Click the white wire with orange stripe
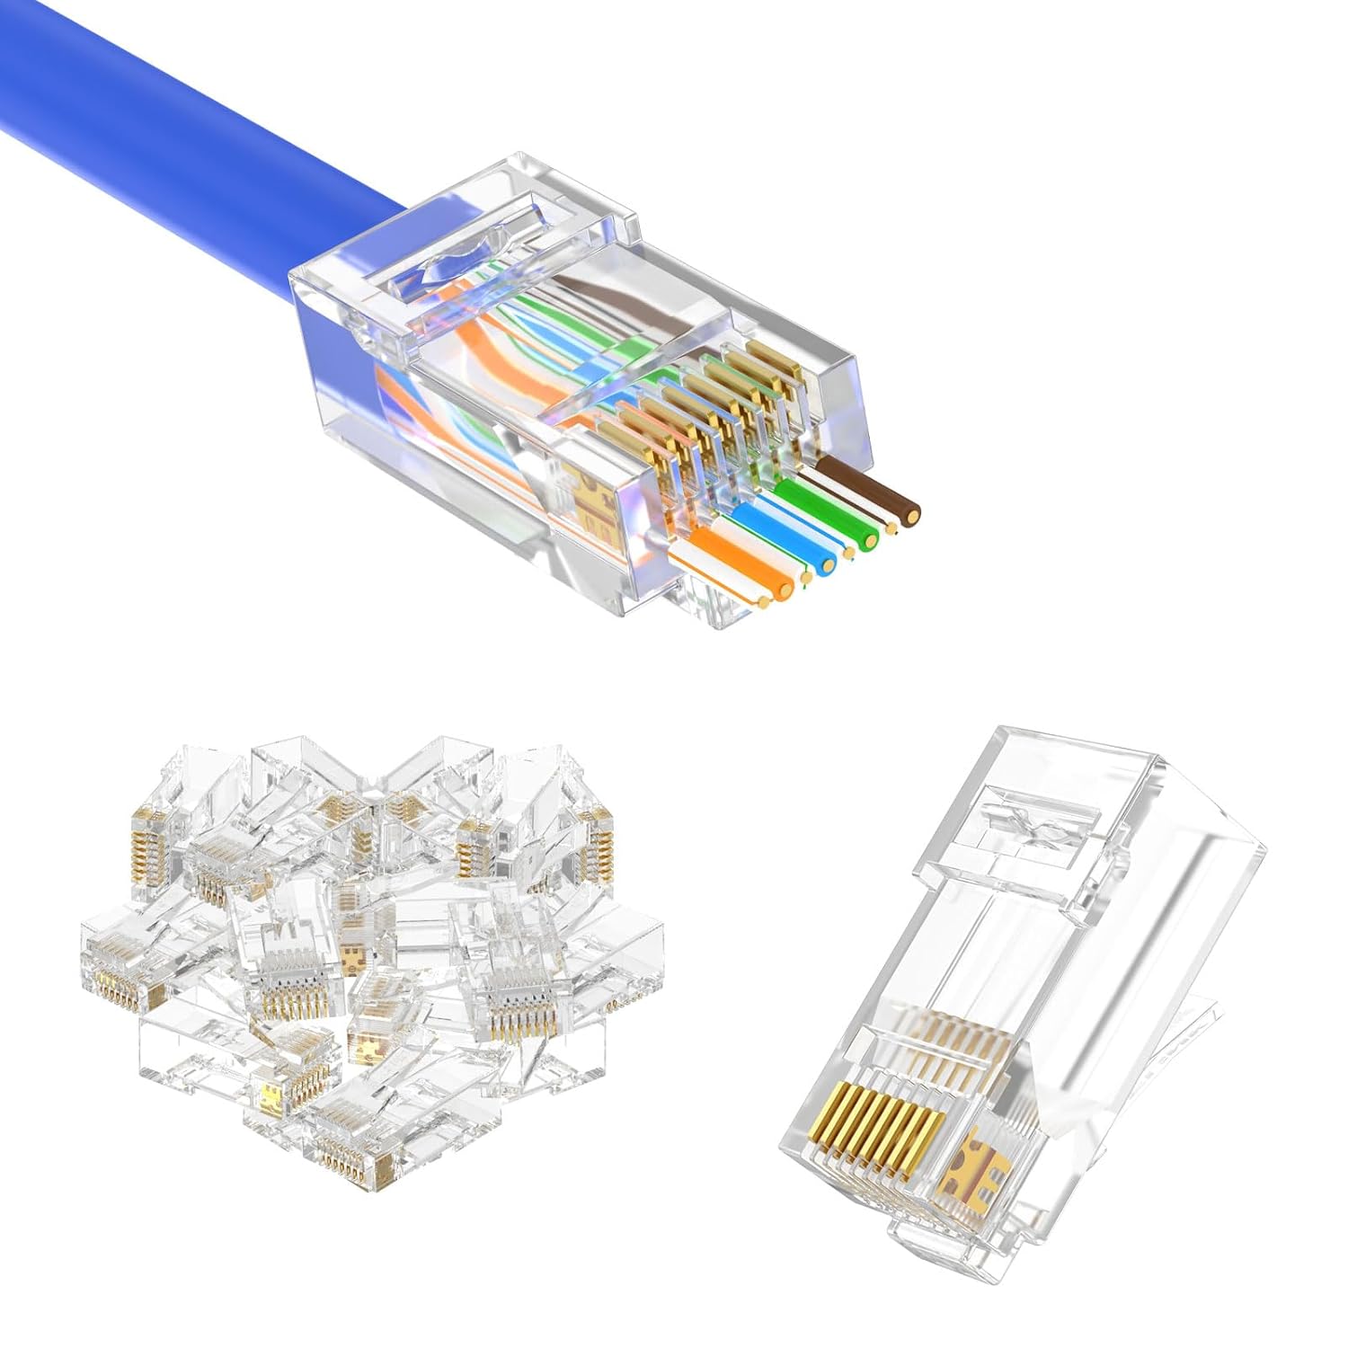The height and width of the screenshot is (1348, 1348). coord(710,575)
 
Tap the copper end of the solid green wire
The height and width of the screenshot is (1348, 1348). coord(869,540)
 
